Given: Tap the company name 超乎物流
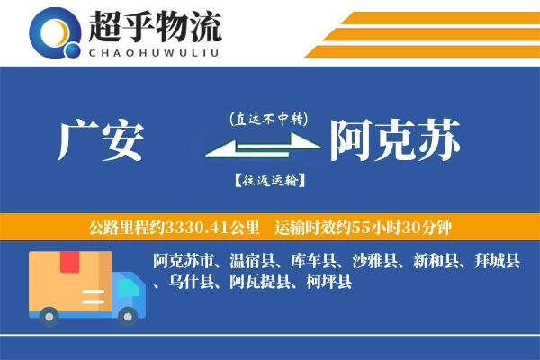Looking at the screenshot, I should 155,27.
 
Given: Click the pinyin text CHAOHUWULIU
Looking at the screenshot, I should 155,51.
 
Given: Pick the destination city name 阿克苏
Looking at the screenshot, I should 395,140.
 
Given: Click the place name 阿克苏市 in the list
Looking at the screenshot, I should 184,262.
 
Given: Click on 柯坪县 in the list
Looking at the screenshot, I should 328,283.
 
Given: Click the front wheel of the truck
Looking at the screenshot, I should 129,315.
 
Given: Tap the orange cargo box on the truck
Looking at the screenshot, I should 69,280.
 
